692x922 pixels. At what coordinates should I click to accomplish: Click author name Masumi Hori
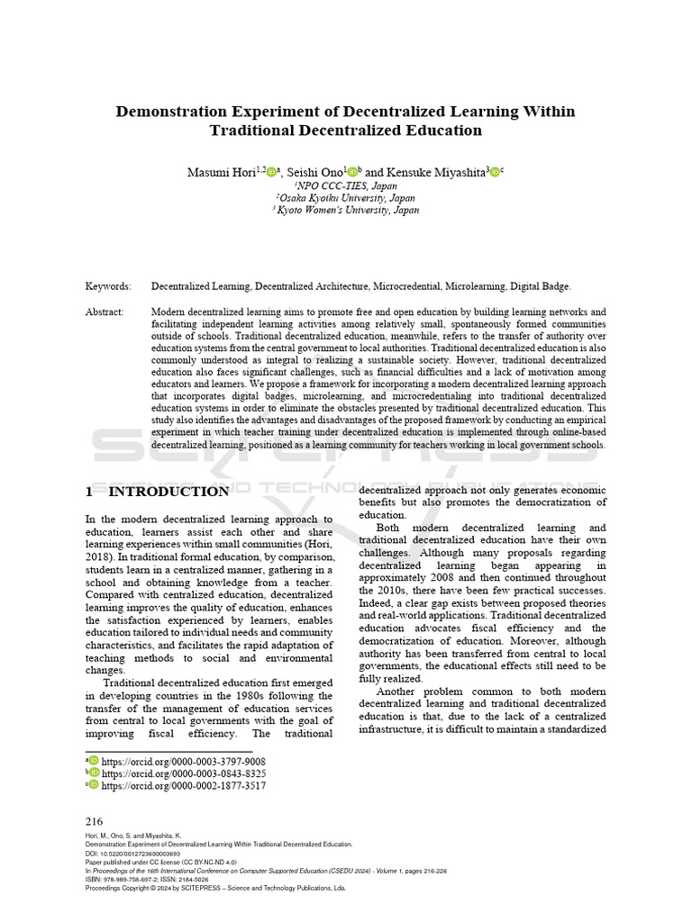220,170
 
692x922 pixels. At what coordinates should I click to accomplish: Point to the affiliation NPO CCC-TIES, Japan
346,185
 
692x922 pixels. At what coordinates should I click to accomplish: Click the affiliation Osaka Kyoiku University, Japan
346,197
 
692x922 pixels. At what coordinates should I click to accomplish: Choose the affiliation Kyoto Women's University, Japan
346,210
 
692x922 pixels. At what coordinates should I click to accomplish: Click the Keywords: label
108,286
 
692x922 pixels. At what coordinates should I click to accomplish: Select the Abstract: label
105,312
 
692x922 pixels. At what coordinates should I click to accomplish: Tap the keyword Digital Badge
541,286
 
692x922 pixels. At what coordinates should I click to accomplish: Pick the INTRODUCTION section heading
168,492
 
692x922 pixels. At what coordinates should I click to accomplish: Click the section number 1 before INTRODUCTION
89,492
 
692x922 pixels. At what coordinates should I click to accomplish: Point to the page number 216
94,821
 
